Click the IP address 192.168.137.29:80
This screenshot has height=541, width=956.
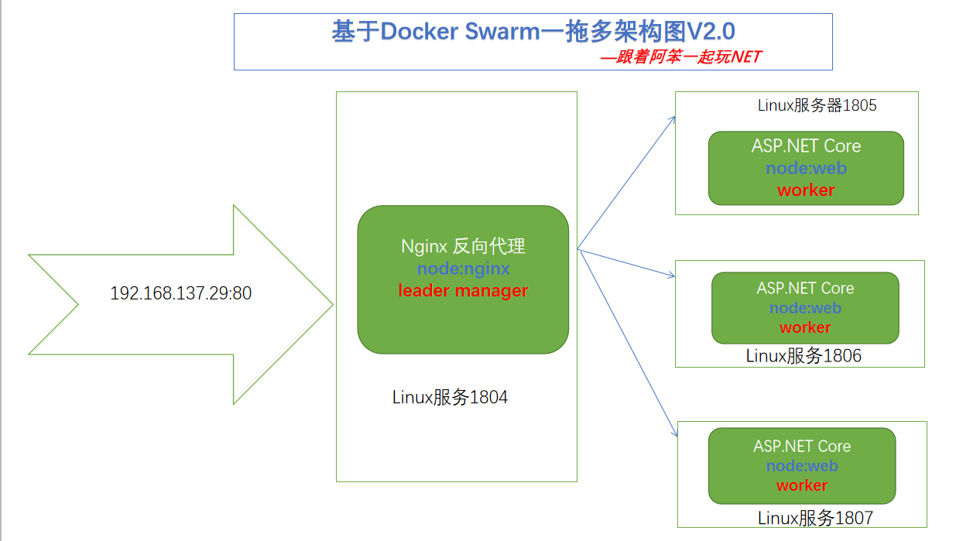(181, 293)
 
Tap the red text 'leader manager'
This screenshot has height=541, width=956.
(463, 290)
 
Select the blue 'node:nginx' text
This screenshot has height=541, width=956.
(463, 269)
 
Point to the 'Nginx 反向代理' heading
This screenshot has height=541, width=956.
(463, 246)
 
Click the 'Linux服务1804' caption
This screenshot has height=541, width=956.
(450, 397)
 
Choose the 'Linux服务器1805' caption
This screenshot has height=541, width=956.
(817, 105)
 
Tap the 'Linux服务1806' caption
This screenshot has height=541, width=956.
(804, 356)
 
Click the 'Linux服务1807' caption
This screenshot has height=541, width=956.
(815, 518)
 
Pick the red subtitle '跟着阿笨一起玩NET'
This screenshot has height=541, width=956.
(688, 56)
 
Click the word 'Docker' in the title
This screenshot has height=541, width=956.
(419, 31)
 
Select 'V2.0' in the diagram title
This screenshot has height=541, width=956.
(711, 31)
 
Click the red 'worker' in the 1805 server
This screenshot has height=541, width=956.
(806, 190)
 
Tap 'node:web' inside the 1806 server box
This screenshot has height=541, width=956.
(805, 307)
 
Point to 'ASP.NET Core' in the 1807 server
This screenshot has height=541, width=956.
(802, 447)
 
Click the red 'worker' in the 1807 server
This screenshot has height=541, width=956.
(802, 485)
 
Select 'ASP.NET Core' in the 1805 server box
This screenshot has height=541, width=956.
(806, 146)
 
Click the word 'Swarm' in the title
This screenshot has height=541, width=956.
(502, 31)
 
